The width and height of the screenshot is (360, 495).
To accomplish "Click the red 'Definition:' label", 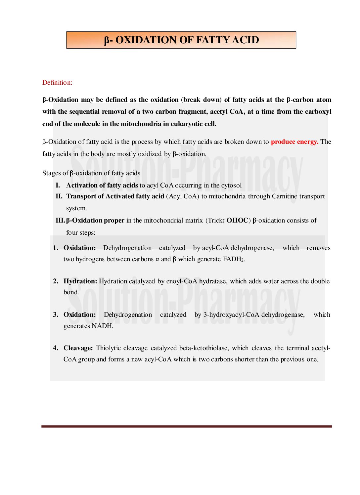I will [57, 83].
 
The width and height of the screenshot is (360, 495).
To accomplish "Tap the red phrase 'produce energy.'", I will [294, 142].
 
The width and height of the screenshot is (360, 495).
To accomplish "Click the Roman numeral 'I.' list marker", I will [58, 186].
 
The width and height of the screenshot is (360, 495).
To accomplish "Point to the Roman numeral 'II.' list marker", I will [59, 196].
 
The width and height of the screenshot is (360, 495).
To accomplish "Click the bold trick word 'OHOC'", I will [237, 221].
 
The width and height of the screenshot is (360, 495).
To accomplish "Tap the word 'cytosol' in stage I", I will [231, 186].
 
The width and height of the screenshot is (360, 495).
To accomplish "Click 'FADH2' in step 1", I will [233, 259].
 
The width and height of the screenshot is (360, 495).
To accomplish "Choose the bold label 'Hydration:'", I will [80, 281].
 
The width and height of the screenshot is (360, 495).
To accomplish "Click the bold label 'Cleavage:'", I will [78, 348].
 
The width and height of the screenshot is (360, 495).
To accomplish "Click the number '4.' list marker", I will [56, 348].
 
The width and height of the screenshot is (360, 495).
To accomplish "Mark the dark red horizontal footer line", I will [187, 427].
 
